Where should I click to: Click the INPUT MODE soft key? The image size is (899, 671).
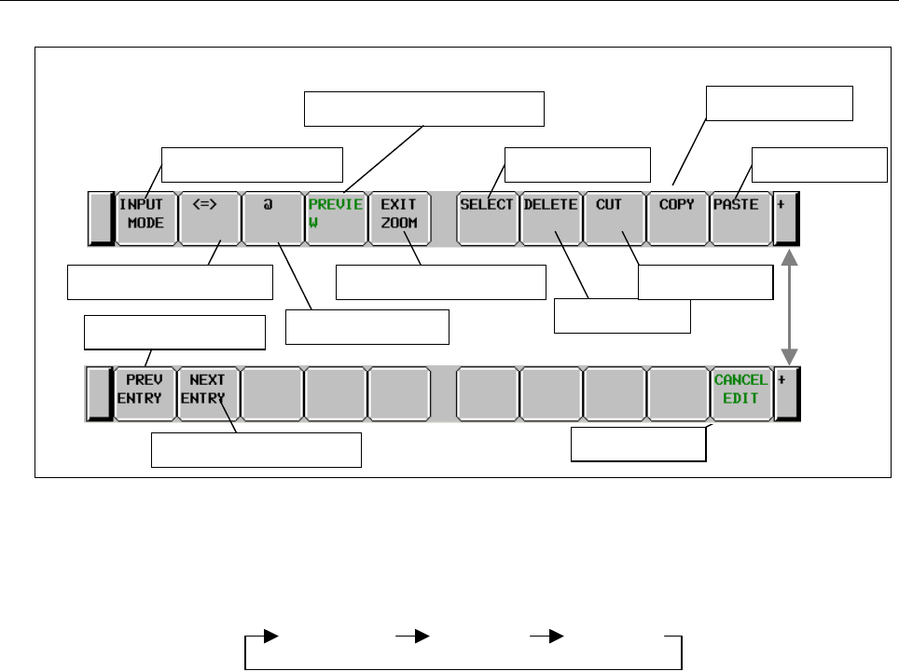click(x=145, y=218)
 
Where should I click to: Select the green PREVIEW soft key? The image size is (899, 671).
click(x=336, y=218)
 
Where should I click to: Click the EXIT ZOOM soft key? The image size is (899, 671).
click(x=399, y=218)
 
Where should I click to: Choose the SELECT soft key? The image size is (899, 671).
click(x=488, y=218)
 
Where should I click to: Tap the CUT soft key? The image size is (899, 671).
click(x=615, y=218)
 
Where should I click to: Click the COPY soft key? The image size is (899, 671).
click(x=678, y=218)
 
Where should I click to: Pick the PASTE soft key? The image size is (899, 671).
click(x=741, y=218)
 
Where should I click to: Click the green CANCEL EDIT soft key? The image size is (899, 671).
click(x=741, y=394)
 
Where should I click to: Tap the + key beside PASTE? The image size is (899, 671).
click(x=788, y=218)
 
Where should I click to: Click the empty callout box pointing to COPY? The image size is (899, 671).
click(x=780, y=103)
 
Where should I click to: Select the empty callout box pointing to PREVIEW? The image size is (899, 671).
click(x=424, y=109)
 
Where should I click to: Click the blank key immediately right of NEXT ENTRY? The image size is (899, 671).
click(x=272, y=394)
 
